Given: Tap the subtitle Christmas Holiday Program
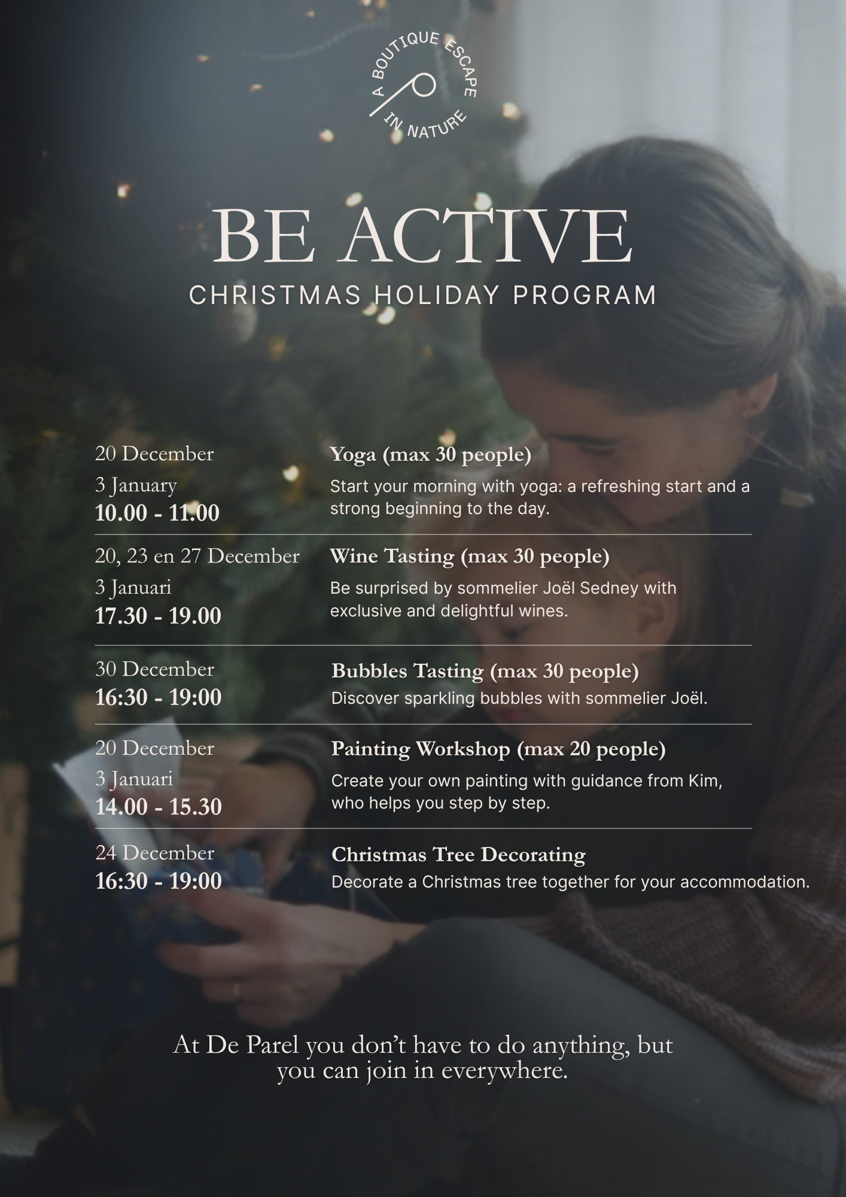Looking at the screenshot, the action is click(x=423, y=295).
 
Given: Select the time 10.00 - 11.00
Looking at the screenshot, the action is click(x=157, y=513).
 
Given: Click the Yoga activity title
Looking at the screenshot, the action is click(x=431, y=454).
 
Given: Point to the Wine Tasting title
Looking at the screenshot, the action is click(x=470, y=557).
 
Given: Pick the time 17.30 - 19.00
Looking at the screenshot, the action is click(x=158, y=616).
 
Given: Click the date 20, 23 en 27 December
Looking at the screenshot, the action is click(x=197, y=557).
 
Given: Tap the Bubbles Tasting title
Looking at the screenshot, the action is click(x=485, y=671).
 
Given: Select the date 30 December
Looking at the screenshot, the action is click(x=154, y=669).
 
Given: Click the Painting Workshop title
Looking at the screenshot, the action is click(x=498, y=749).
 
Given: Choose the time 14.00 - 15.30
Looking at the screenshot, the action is click(x=159, y=807).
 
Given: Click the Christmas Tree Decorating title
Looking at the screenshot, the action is click(x=458, y=854).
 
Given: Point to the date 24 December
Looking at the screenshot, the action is click(x=154, y=852).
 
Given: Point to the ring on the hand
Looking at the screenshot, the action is click(x=236, y=991).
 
